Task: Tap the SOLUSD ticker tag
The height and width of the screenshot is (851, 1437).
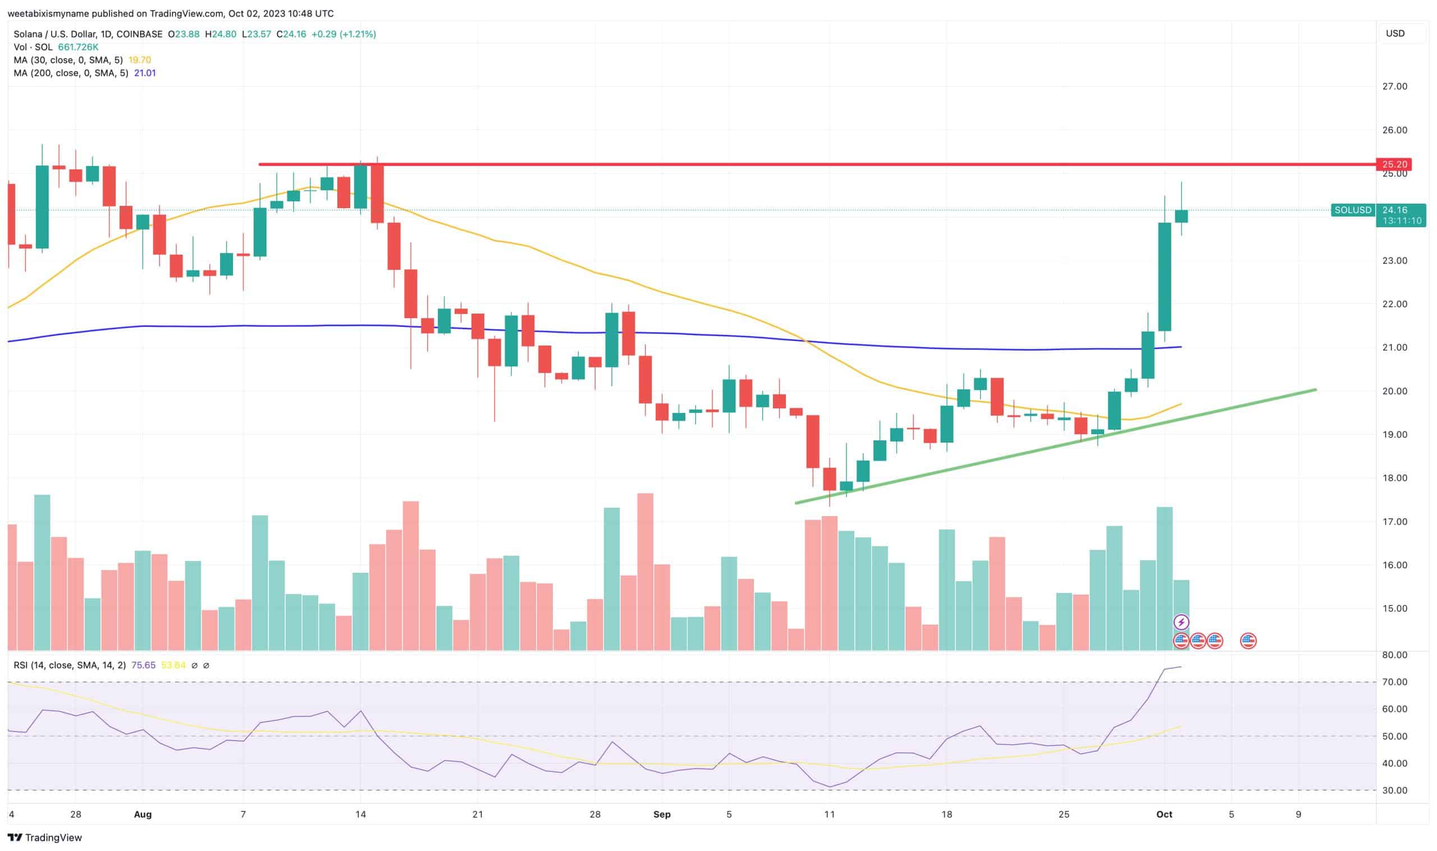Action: pyautogui.click(x=1352, y=210)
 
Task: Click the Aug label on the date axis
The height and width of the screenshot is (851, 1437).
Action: pyautogui.click(x=142, y=815)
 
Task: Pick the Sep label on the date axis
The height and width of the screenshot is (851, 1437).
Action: pyautogui.click(x=662, y=815)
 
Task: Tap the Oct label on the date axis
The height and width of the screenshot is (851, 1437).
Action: pyautogui.click(x=1164, y=815)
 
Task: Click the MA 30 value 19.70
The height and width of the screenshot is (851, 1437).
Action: pyautogui.click(x=139, y=59)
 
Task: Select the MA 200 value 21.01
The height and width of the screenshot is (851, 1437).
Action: pyautogui.click(x=145, y=73)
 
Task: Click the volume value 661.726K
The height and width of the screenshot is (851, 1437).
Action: pyautogui.click(x=78, y=47)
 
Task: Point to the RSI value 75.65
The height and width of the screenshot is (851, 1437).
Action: pyautogui.click(x=143, y=665)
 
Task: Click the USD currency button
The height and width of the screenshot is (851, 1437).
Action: pyautogui.click(x=1395, y=33)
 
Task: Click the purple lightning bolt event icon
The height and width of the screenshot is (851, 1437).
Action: pyautogui.click(x=1180, y=622)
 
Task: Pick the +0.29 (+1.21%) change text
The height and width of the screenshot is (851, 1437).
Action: pyautogui.click(x=344, y=34)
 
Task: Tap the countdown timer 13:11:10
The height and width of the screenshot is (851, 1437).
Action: pyautogui.click(x=1402, y=221)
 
